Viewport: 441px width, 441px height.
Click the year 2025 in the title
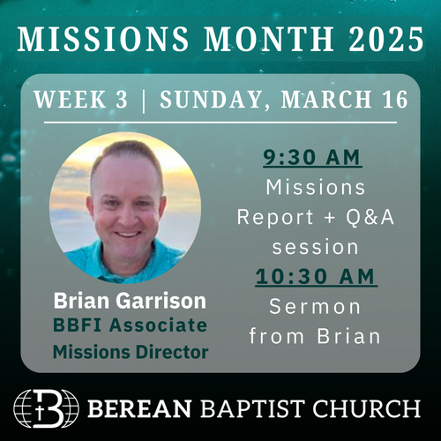[x=386, y=39]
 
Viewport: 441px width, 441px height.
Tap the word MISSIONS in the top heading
[x=103, y=39]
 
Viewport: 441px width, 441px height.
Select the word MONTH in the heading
[x=269, y=39]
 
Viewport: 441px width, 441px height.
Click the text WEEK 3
[x=81, y=99]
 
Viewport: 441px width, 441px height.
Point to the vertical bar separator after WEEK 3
[x=144, y=100]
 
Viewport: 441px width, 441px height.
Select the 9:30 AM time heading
[x=312, y=158]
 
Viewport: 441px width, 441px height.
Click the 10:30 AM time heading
[x=316, y=277]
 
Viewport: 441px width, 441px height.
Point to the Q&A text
[x=370, y=217]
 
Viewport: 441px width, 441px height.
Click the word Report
[x=275, y=218]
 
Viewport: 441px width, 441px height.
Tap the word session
[x=315, y=248]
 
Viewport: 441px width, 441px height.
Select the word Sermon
[x=315, y=307]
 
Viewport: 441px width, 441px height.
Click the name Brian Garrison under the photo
[x=130, y=301]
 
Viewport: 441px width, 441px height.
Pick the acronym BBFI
[x=78, y=325]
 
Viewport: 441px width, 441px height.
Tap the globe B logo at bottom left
[x=46, y=408]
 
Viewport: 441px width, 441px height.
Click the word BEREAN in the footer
[x=140, y=408]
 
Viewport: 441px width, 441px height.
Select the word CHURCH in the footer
[x=367, y=408]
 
